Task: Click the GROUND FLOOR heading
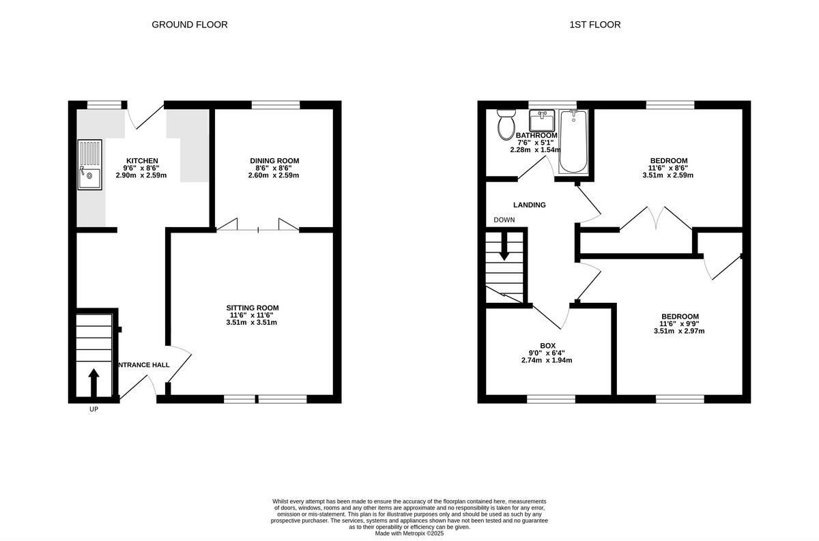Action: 189,25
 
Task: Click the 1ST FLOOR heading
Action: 594,25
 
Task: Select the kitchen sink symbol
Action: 89,164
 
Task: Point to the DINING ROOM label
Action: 274,161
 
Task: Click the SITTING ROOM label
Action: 253,308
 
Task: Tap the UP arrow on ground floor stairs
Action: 94,382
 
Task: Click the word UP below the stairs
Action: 94,410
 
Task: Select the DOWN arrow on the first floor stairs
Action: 504,246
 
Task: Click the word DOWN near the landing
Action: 504,220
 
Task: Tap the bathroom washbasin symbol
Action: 543,121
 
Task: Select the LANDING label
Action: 530,205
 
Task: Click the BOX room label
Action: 547,346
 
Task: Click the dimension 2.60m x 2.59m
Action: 274,175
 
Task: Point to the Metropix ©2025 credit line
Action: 409,533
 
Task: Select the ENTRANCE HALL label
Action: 144,365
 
